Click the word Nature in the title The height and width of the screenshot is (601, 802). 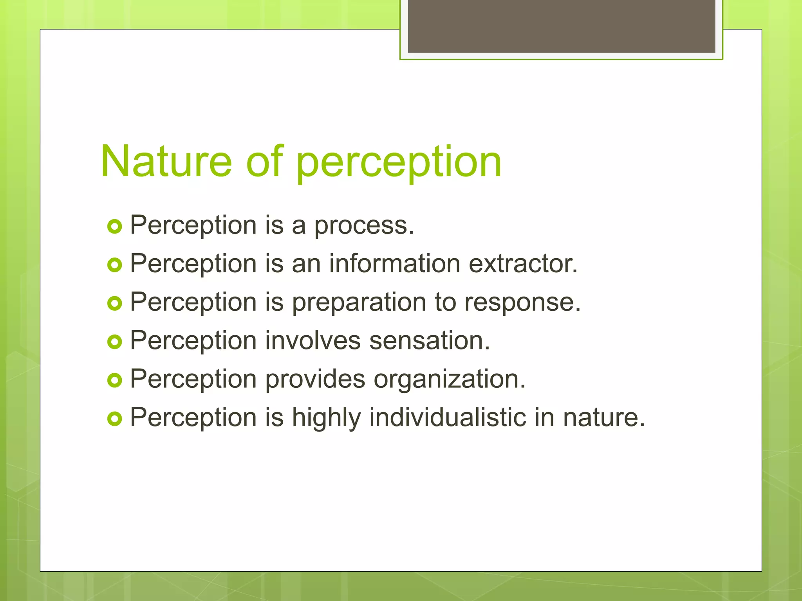pos(166,161)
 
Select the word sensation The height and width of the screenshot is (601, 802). pos(429,340)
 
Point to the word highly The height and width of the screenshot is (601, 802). pos(326,418)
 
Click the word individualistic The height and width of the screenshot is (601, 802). pos(448,417)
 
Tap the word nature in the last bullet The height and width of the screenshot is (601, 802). pos(603,418)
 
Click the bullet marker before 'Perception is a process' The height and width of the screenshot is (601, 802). pos(114,227)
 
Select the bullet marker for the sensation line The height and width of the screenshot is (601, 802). pos(114,342)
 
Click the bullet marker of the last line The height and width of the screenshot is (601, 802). pos(114,419)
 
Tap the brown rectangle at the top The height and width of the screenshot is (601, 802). pos(561,26)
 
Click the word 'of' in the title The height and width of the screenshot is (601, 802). pos(264,161)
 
